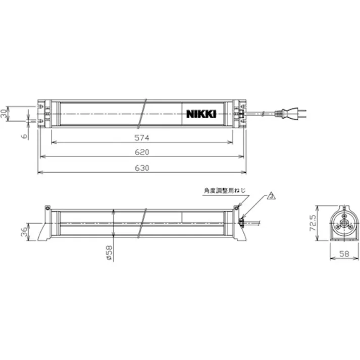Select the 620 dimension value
(142, 152)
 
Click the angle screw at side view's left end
(47, 208)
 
